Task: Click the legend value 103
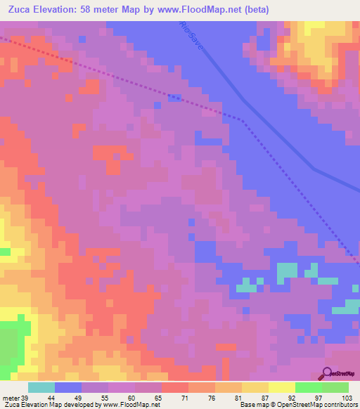(x=346, y=398)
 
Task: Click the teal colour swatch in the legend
(x=41, y=387)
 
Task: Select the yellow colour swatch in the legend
(x=282, y=387)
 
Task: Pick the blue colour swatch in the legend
(x=68, y=387)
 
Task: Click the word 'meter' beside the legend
(x=11, y=398)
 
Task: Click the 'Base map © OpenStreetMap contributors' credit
(x=298, y=405)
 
